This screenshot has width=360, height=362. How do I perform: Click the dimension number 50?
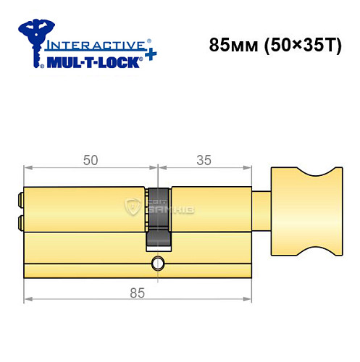point(90,161)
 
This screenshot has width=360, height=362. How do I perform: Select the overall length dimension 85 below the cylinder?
point(136,292)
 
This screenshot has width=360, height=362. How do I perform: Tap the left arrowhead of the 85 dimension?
point(28,299)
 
